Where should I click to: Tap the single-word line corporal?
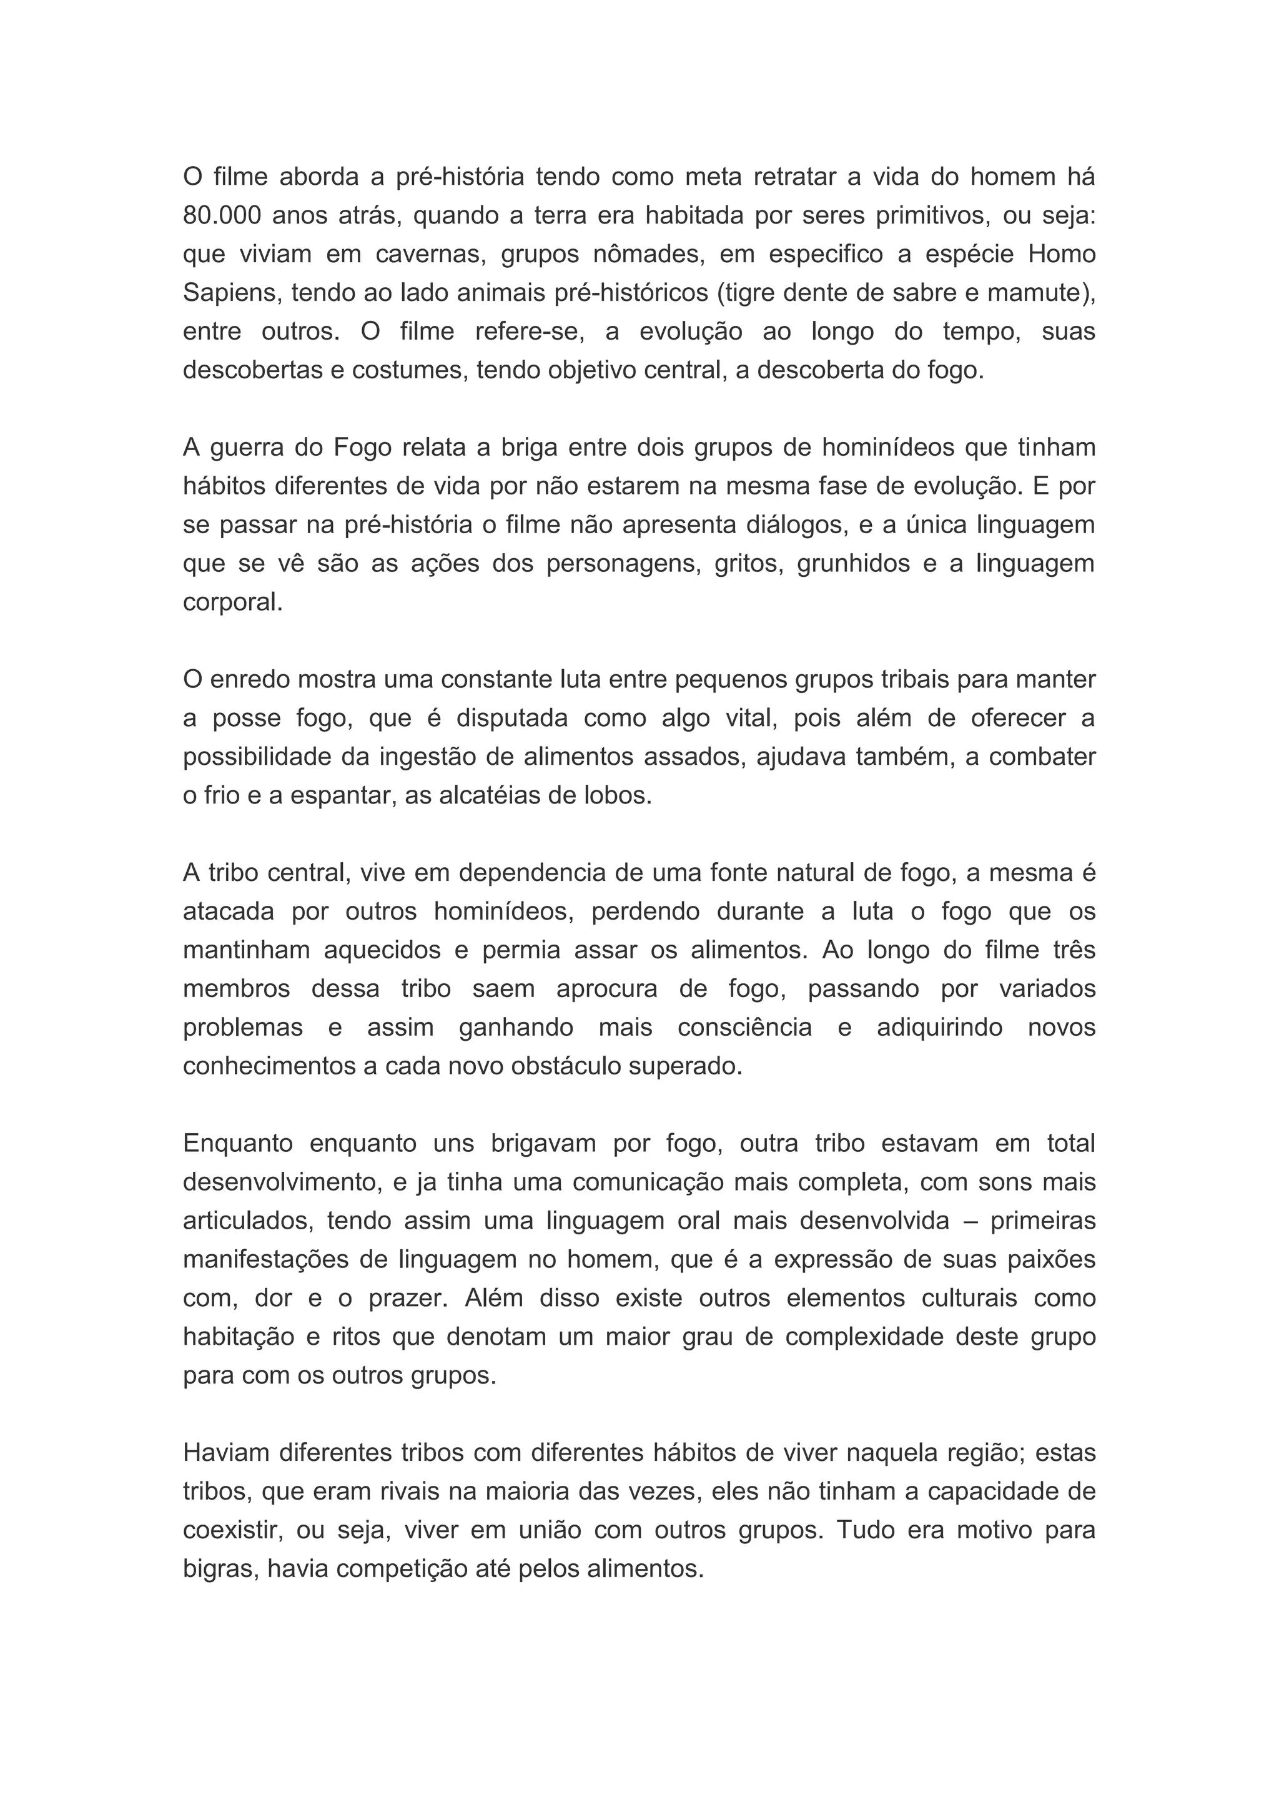point(232,602)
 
